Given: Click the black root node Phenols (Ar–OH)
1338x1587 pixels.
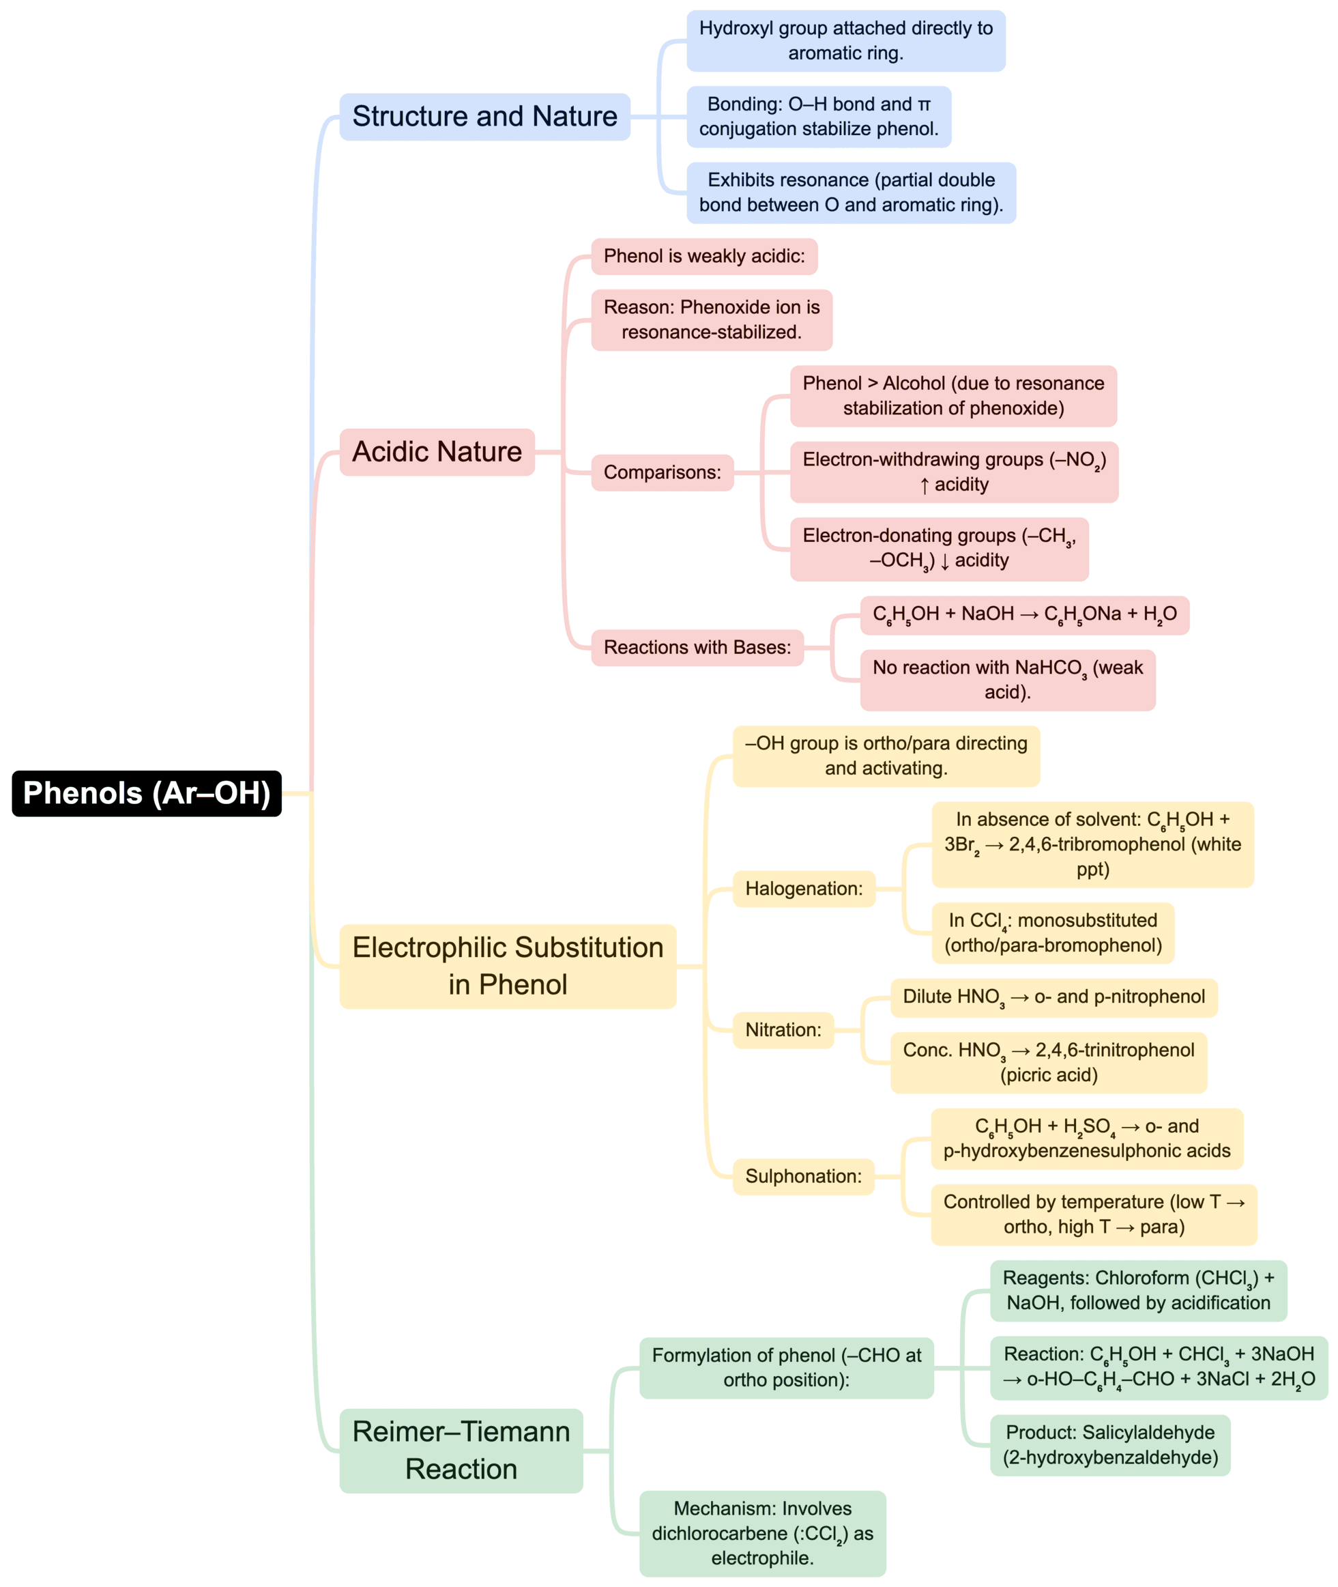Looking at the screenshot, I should (147, 793).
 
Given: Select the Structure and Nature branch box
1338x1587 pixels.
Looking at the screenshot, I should (484, 117).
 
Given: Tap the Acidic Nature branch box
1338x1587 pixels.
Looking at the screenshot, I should (437, 452).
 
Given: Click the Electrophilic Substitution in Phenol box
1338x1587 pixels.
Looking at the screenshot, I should (508, 966).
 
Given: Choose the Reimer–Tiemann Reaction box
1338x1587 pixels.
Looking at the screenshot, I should (461, 1450).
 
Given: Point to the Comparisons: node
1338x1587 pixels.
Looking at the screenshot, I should (662, 472).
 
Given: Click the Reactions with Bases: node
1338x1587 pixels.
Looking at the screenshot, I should (697, 648).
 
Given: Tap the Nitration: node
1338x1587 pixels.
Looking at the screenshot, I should (783, 1030).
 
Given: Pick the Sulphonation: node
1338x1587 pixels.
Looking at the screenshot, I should (803, 1177).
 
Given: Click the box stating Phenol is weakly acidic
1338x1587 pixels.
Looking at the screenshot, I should (704, 257).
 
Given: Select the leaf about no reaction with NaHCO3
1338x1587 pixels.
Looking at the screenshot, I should (1007, 680).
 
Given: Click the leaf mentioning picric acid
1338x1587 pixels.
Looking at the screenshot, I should (1048, 1062).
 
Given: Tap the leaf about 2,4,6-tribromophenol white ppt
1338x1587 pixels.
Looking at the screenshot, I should (1092, 844).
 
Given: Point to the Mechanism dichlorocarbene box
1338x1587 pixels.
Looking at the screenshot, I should (762, 1533).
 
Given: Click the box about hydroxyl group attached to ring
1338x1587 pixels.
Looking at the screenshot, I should (846, 41).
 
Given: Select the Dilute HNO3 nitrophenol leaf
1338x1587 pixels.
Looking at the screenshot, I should (1053, 997).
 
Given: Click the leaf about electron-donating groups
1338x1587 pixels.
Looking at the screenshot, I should (939, 549).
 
